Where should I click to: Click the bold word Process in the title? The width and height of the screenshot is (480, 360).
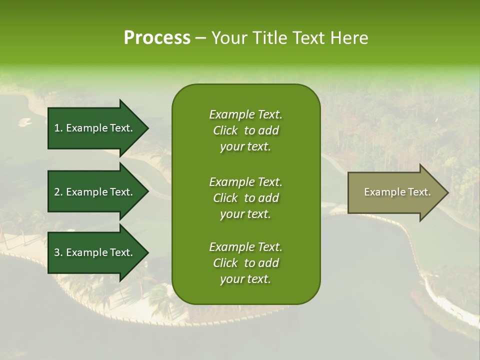coord(157,38)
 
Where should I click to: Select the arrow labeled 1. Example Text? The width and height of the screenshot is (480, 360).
coord(95,128)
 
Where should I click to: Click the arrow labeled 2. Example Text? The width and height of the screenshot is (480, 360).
coord(95,192)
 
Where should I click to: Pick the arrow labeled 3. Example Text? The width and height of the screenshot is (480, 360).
coord(95,252)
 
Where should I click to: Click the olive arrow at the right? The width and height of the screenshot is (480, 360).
coord(395,192)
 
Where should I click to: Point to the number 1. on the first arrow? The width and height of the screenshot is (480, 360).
coord(58,128)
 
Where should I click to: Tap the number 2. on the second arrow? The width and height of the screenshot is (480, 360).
coord(58,192)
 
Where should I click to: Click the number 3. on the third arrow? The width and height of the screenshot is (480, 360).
coord(58,252)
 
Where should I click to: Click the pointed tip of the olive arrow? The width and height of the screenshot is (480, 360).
coord(446,192)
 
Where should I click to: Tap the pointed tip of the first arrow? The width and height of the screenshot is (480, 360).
coord(147,128)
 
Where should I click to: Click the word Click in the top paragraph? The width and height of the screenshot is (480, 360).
coord(225,130)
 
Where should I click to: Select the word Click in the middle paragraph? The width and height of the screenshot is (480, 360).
coord(225,198)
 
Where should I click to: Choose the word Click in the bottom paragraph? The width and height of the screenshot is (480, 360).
coord(225,263)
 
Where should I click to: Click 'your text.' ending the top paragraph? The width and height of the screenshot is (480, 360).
coord(245,147)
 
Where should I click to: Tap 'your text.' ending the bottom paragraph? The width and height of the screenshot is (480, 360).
coord(245,279)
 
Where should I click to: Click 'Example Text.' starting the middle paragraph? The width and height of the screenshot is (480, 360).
coord(245,181)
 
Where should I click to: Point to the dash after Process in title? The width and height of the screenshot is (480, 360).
coord(200,38)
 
